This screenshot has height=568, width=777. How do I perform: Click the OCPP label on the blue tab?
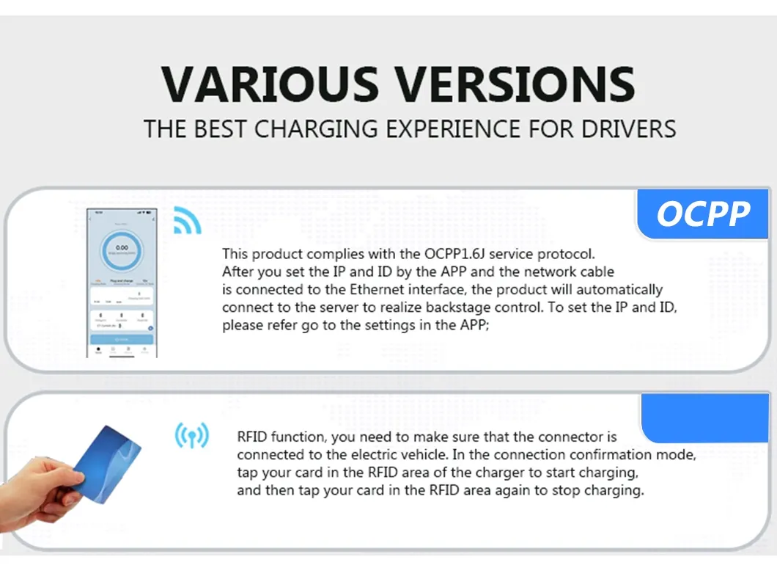click(702, 214)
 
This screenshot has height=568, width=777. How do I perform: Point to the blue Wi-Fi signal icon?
click(186, 220)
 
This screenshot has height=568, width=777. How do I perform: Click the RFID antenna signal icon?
click(191, 436)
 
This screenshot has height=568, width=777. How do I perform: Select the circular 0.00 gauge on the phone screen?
click(122, 250)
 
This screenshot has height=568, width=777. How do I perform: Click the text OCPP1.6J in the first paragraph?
click(454, 255)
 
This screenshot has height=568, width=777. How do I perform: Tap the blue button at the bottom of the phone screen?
click(122, 340)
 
